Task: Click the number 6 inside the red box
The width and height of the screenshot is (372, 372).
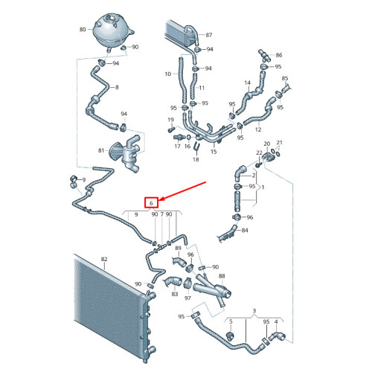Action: pyautogui.click(x=151, y=204)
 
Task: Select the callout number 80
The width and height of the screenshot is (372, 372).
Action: pyautogui.click(x=83, y=30)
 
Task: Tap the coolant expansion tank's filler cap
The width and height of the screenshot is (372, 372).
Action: pyautogui.click(x=111, y=18)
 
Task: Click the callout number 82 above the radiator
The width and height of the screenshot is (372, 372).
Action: pyautogui.click(x=104, y=259)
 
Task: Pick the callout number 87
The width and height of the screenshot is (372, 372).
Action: pyautogui.click(x=209, y=35)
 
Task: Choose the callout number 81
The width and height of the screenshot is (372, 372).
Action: pyautogui.click(x=101, y=150)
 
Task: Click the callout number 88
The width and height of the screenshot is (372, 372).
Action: pyautogui.click(x=222, y=276)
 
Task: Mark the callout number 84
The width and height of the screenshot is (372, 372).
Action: pyautogui.click(x=245, y=231)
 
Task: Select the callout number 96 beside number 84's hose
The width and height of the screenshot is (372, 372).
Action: pyautogui.click(x=250, y=217)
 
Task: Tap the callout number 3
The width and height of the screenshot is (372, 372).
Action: pyautogui.click(x=254, y=311)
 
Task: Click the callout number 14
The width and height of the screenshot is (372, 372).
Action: pyautogui.click(x=248, y=83)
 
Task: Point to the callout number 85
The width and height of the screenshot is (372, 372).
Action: pyautogui.click(x=285, y=79)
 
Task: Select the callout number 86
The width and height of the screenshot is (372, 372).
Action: pyautogui.click(x=279, y=55)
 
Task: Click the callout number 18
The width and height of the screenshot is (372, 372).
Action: pyautogui.click(x=196, y=159)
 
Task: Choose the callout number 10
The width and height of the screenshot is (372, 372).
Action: pyautogui.click(x=168, y=74)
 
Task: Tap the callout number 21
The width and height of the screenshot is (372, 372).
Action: pyautogui.click(x=280, y=143)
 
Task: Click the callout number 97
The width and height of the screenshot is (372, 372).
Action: pyautogui.click(x=187, y=298)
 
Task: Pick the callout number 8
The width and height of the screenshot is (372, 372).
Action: pyautogui.click(x=117, y=87)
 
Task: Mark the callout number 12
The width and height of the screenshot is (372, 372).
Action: pyautogui.click(x=258, y=129)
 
